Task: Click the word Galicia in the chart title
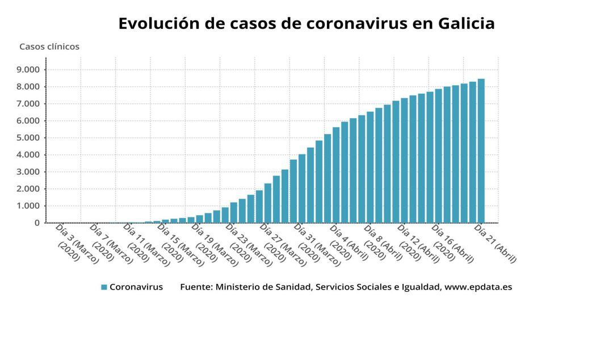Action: pyautogui.click(x=466, y=24)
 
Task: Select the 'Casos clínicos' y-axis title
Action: pyautogui.click(x=49, y=47)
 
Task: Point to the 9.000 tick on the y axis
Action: pyautogui.click(x=28, y=70)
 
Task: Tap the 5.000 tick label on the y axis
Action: pyautogui.click(x=28, y=138)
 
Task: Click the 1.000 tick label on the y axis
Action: pyautogui.click(x=28, y=206)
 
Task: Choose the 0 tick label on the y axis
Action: pyautogui.click(x=37, y=223)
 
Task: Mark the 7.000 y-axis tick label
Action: pyautogui.click(x=28, y=104)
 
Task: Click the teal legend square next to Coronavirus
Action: pyautogui.click(x=104, y=287)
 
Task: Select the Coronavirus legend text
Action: pyautogui.click(x=136, y=287)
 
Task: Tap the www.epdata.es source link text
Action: pyautogui.click(x=478, y=287)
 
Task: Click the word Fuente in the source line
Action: pyautogui.click(x=196, y=287)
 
